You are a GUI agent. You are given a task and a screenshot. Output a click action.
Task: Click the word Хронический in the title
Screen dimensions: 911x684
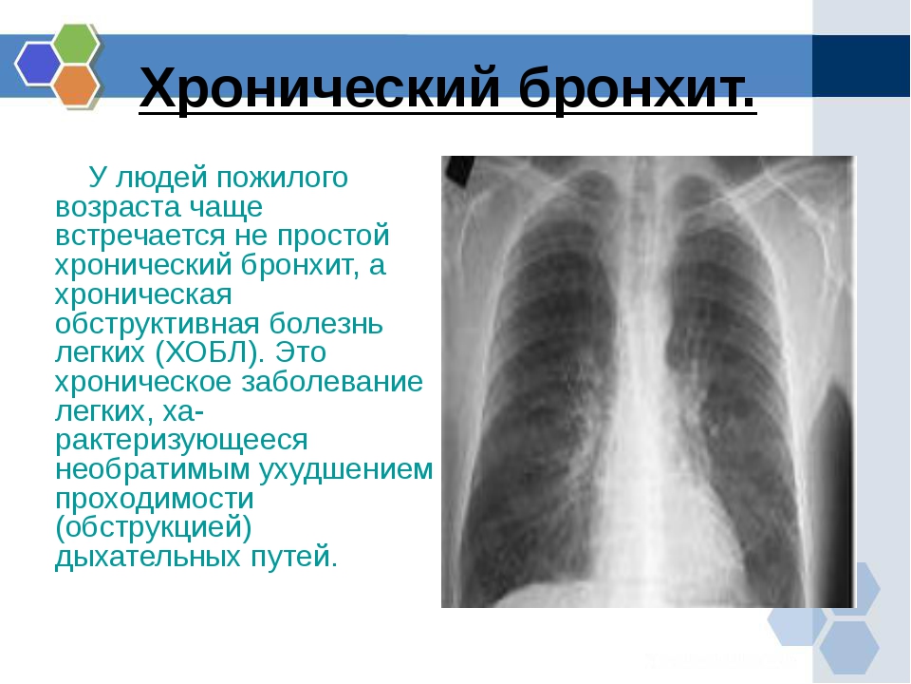tap(320, 87)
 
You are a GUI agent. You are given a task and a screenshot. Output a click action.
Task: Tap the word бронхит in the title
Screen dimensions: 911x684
tap(638, 87)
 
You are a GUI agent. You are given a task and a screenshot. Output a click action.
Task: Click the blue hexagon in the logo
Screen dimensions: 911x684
tap(38, 64)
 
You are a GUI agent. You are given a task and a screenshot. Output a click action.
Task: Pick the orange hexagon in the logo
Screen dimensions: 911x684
tap(76, 85)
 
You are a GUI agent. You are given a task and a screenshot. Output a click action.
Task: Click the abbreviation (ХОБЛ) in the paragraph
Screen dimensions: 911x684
tap(207, 351)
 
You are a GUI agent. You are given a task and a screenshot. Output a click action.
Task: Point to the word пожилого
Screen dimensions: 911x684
tap(283, 178)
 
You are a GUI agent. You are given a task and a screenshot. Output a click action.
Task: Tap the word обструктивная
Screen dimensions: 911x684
tap(157, 323)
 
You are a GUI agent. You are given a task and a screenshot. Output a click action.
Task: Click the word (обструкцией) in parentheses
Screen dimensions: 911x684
tap(154, 527)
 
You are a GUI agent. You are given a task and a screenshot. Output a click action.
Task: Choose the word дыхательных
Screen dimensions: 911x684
tap(148, 557)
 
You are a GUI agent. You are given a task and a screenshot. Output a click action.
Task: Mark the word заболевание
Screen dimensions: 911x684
tap(332, 382)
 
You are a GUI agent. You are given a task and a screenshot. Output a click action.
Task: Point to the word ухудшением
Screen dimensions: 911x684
tap(345, 469)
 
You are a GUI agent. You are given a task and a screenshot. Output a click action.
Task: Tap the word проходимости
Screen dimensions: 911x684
tap(155, 499)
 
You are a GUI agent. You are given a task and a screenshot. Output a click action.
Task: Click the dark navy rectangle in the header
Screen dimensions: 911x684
tap(861, 66)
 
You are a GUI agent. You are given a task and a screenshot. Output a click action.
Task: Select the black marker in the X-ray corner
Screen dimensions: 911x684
tap(458, 171)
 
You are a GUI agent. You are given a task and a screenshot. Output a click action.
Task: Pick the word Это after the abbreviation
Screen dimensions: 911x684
tap(301, 351)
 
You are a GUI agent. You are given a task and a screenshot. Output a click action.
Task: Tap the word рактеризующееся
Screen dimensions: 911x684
tap(181, 440)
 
